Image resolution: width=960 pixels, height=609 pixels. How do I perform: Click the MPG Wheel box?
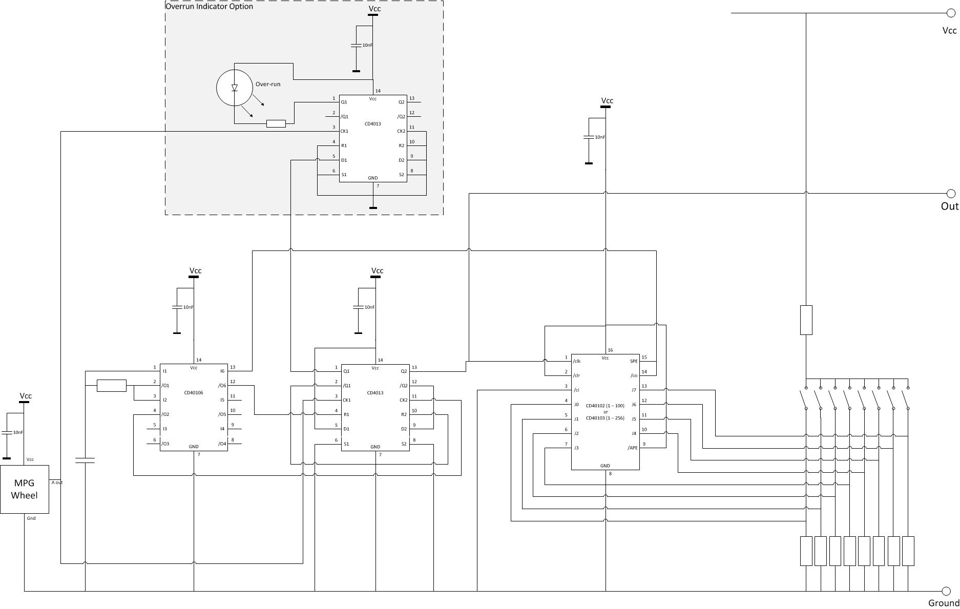24,489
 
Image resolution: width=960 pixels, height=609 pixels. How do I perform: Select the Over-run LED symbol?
235,88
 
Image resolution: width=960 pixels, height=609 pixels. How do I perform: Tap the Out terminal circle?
951,194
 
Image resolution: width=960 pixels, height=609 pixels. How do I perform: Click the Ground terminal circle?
946,591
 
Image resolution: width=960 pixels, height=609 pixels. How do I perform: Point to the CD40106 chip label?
194,393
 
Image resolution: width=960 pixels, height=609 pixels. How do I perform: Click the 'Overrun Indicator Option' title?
209,6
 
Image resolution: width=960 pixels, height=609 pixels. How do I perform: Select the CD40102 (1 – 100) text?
605,406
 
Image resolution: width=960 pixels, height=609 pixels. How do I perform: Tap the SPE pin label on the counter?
633,361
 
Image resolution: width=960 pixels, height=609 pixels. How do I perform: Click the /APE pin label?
632,448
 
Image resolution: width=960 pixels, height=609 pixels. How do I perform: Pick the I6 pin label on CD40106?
222,371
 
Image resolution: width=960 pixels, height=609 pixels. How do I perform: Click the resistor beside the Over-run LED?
276,123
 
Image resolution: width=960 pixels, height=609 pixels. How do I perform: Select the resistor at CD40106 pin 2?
112,386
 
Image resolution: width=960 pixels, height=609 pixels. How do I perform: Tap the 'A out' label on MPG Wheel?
57,482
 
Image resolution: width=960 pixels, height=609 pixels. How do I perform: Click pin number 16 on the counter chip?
610,350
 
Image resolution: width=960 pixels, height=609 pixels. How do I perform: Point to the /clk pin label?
577,361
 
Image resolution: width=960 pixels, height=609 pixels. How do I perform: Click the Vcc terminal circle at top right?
951,13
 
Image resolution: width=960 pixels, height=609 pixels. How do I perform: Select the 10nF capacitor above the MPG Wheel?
7,432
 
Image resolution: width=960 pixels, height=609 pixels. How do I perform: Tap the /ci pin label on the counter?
576,390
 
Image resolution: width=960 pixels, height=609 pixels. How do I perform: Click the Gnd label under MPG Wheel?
31,518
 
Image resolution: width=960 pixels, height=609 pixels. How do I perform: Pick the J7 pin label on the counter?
634,390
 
